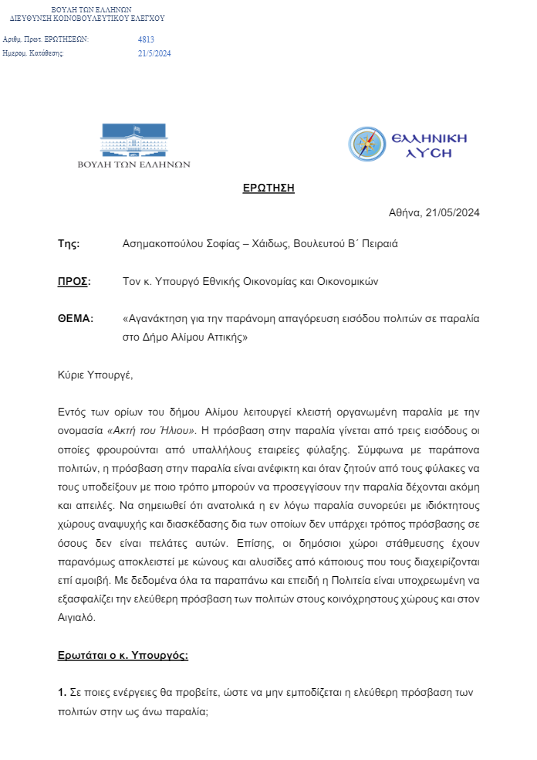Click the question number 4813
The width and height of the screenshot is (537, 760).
coord(146,39)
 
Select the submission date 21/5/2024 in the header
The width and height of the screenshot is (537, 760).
coord(154,53)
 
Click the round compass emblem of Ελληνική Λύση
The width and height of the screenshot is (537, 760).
coord(366,144)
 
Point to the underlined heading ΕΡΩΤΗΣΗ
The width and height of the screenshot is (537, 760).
coord(268,188)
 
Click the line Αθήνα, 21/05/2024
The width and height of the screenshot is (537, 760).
coord(434,213)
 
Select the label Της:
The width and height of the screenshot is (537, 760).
coord(69,243)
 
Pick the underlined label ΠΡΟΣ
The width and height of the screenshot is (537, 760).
coord(73,281)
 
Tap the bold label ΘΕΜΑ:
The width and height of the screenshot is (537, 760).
coord(76,318)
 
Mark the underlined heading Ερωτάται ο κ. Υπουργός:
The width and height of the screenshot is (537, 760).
coord(123,655)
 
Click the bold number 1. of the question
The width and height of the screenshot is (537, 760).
coord(62,692)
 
